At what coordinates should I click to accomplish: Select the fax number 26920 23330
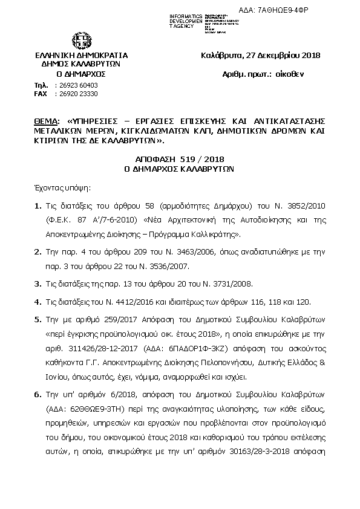point(76,94)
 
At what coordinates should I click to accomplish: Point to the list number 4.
point(38,303)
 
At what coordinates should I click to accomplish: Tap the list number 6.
point(38,394)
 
